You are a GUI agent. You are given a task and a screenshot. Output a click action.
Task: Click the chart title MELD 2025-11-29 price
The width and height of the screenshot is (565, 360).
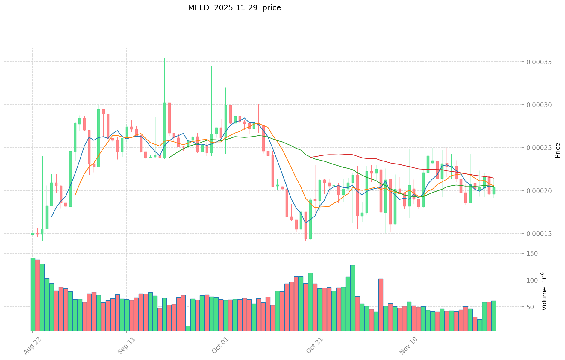coord(234,8)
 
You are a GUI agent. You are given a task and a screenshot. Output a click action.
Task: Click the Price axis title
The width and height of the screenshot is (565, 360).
coord(557,150)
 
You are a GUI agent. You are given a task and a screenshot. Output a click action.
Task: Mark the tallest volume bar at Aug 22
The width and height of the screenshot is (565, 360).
coord(33,294)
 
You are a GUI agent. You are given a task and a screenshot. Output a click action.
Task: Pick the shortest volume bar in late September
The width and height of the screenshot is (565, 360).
coord(188,328)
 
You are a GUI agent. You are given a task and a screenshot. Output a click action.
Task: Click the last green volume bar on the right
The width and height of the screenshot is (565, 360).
coord(494,316)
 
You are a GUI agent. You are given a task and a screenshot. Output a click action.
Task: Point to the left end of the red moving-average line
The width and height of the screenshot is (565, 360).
coord(310,157)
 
